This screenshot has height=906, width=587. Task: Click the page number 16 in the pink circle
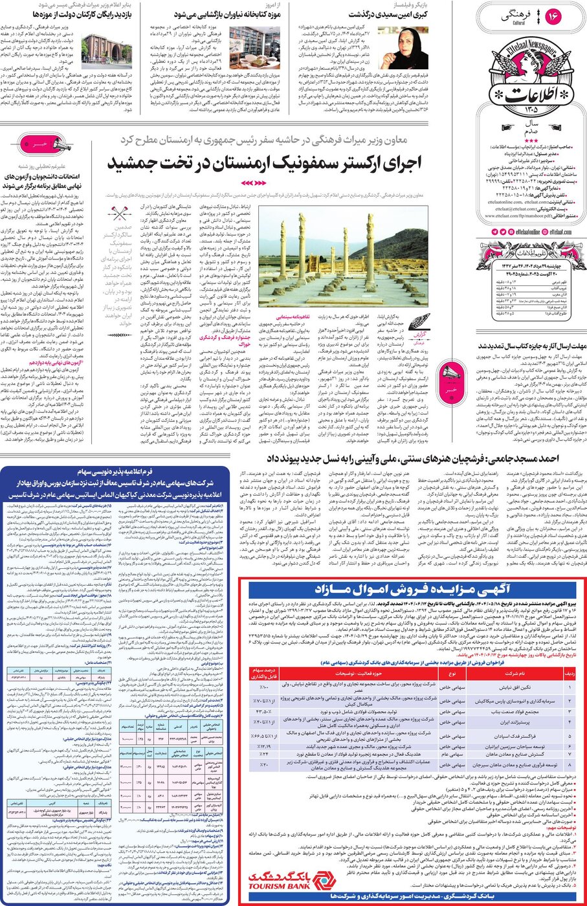click(553, 16)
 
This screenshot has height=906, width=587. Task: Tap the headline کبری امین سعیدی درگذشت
click(388, 14)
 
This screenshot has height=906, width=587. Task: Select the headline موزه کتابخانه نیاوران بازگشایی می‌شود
click(220, 14)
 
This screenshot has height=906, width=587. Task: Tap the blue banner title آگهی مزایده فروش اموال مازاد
click(412, 589)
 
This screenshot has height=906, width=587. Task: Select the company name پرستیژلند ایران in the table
click(515, 721)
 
